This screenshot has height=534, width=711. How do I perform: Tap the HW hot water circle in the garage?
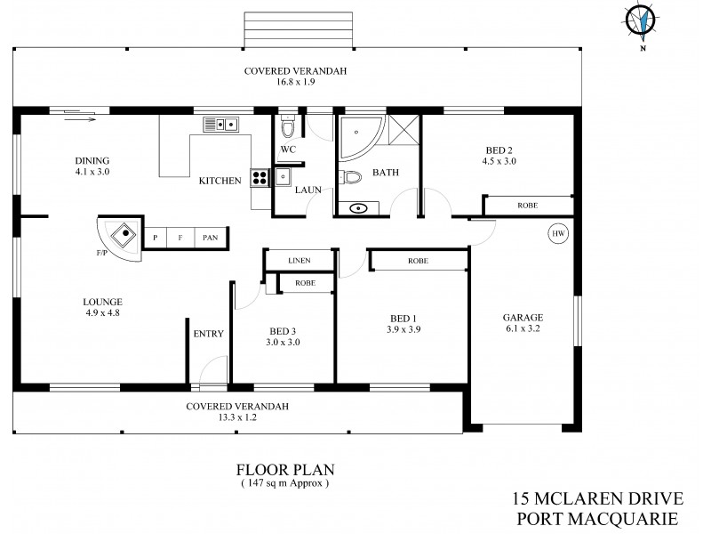pos(559,234)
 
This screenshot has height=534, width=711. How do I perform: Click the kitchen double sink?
pos(220,124)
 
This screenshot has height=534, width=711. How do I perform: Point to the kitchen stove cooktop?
pos(260,177)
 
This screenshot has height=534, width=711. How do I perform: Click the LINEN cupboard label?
pos(299,260)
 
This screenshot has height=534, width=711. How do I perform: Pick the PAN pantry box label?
pos(211,238)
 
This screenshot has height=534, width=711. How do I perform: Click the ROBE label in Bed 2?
pos(527,206)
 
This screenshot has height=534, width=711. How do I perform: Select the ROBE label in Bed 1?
pos(418,261)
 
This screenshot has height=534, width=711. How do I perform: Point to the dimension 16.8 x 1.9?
pos(297,82)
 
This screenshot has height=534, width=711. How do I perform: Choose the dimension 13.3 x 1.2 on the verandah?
pos(233,417)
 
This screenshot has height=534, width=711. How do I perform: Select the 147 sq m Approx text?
pos(284,483)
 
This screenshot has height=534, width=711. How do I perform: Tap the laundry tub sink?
pos(284,177)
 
